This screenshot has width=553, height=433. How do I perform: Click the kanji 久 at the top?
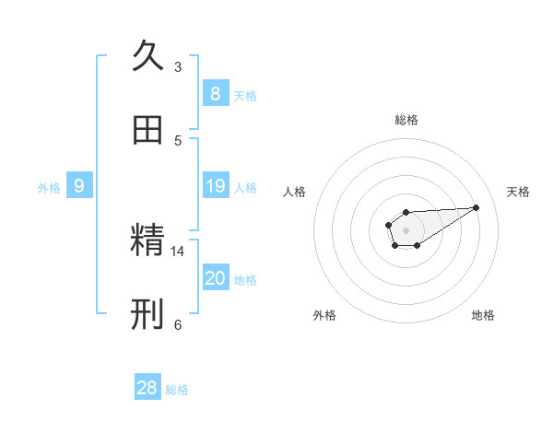[147, 55]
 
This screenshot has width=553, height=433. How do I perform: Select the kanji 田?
[147, 131]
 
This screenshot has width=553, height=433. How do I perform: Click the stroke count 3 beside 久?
[178, 66]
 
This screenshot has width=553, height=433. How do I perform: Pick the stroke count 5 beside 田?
[178, 140]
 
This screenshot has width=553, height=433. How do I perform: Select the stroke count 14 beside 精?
[178, 251]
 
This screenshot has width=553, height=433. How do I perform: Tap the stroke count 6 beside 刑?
[178, 324]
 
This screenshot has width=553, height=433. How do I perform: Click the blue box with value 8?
[215, 93]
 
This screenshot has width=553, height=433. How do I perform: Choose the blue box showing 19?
[215, 186]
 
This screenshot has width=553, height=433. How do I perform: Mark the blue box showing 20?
[215, 278]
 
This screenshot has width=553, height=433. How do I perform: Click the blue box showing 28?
[147, 388]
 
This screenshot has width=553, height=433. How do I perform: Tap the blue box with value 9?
[79, 186]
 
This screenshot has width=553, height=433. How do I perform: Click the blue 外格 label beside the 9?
[49, 188]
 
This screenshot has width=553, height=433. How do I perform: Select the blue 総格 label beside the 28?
[177, 390]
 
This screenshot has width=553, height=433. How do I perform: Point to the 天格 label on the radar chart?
[518, 192]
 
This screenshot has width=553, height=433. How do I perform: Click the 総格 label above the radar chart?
[406, 120]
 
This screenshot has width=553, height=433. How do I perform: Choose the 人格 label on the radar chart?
[295, 192]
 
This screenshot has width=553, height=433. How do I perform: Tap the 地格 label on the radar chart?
[483, 315]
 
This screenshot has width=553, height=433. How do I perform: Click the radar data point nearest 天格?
[477, 206]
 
